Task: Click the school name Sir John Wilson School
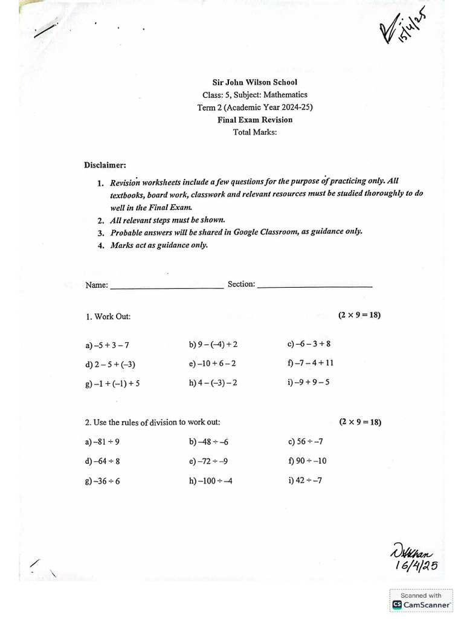coord(254,82)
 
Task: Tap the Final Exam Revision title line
coord(254,120)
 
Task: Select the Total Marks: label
coord(254,132)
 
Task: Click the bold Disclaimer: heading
coord(105,165)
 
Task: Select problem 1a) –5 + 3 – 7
coord(108,346)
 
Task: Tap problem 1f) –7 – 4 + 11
coord(311,363)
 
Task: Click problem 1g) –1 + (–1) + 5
coord(113,383)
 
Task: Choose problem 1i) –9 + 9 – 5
coord(309,382)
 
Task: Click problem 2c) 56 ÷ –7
coord(306,442)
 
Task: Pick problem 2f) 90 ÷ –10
coord(308,461)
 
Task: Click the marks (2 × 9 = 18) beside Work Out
coord(359,316)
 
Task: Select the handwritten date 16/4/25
coord(415,565)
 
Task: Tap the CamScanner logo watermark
coord(421,604)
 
